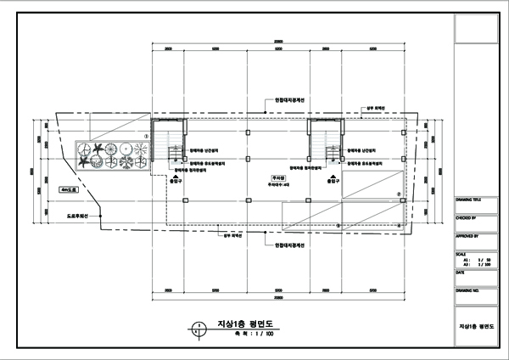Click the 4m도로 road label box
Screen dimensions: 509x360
click(68, 190)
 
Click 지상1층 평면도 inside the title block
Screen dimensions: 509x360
click(475, 325)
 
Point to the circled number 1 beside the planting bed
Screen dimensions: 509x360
click(146, 134)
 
